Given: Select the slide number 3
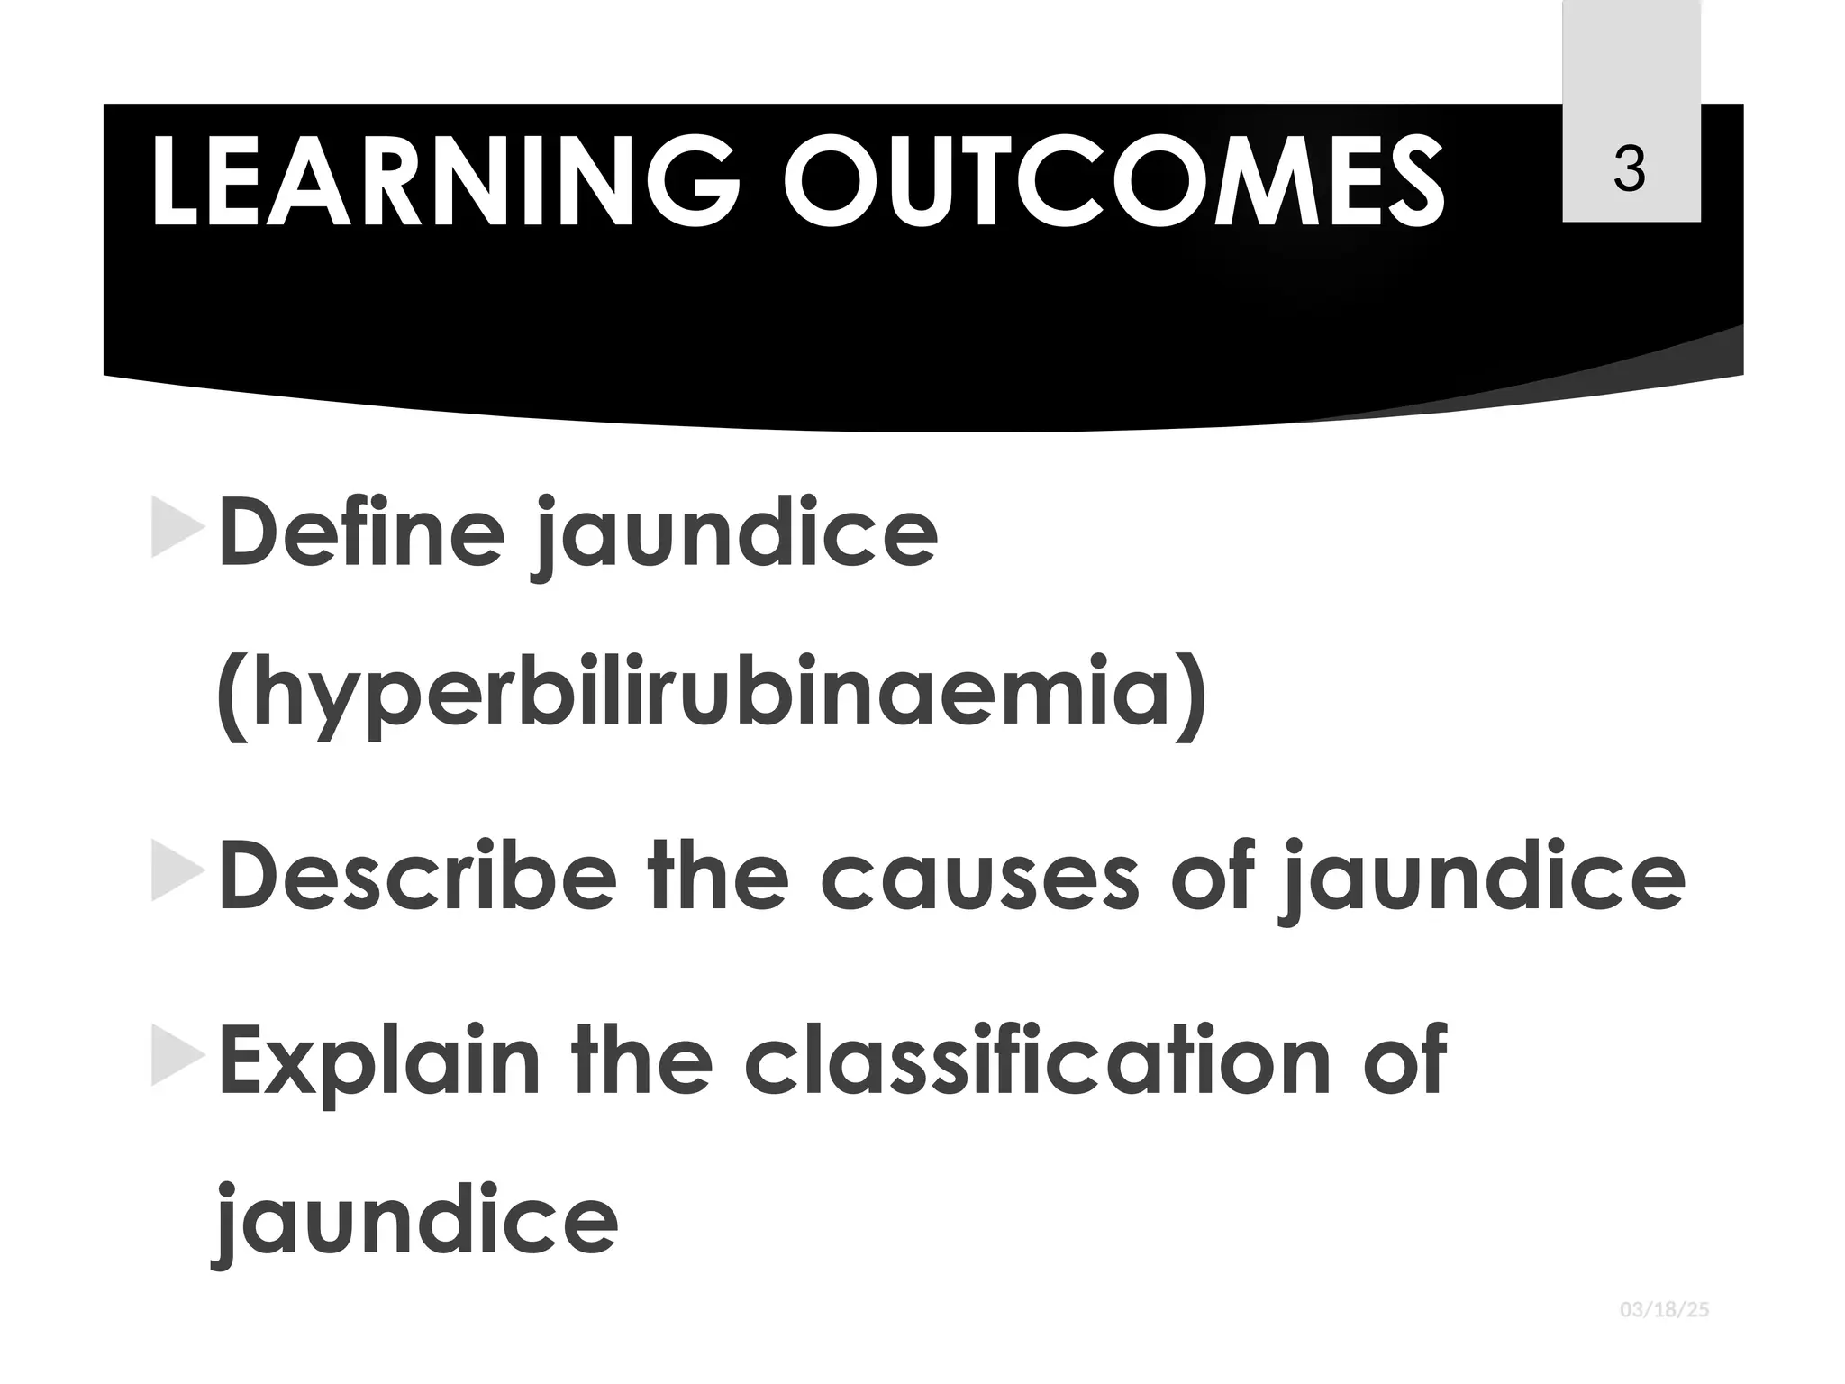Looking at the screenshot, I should coord(1630,168).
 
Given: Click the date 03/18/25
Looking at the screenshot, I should coord(1664,1310).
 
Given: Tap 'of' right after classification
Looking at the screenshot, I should coord(1404,1059).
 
